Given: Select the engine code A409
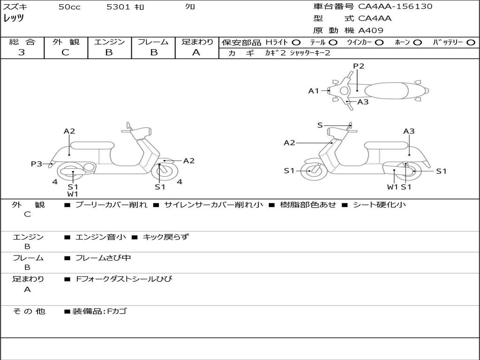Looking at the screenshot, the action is pos(371,30).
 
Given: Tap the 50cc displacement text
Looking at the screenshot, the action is pos(69,7).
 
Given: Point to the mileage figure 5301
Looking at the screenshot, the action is pos(117,7).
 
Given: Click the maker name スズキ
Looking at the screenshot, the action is pos(15,7).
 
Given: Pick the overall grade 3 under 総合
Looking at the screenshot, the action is pos(22,52).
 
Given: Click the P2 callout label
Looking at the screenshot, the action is pos(359,66).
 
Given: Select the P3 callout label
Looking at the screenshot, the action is pos(37,164).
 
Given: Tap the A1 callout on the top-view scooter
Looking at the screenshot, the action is pos(314,91).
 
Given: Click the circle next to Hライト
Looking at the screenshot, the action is pos(296,42).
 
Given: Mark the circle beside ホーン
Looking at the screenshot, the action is pos(418,42).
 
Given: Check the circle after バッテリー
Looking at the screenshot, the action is pos(471,42).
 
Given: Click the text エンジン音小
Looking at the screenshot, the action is pos(101,237).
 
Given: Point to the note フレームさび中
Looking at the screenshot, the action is pos(103,258).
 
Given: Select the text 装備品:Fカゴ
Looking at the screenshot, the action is pos(99,311).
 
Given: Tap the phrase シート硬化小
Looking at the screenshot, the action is pos(379,205).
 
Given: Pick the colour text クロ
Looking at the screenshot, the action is pos(190,7).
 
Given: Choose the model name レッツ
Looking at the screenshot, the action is pos(14,18).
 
